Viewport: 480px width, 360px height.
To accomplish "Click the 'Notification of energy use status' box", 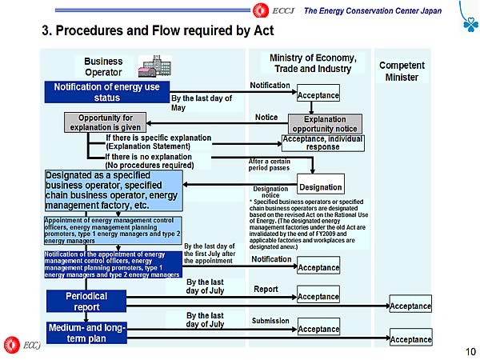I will [106, 92].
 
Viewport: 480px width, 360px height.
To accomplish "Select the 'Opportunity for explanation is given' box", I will [105, 122].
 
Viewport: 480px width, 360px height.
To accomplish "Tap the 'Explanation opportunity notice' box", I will [324, 123].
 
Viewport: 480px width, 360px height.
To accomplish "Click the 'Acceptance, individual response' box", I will [322, 142].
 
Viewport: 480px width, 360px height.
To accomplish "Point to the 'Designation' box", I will [320, 186].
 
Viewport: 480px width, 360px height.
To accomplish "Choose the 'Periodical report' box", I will [86, 301].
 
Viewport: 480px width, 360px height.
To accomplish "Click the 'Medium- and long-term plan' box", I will [86, 332].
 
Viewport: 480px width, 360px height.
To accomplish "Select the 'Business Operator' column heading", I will [103, 66].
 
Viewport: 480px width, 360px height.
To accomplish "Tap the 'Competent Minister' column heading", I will [402, 71].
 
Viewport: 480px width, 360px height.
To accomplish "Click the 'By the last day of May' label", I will [201, 102].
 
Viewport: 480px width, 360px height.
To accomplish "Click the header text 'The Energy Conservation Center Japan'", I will [374, 10].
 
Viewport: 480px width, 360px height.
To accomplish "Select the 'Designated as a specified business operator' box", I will [114, 190].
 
